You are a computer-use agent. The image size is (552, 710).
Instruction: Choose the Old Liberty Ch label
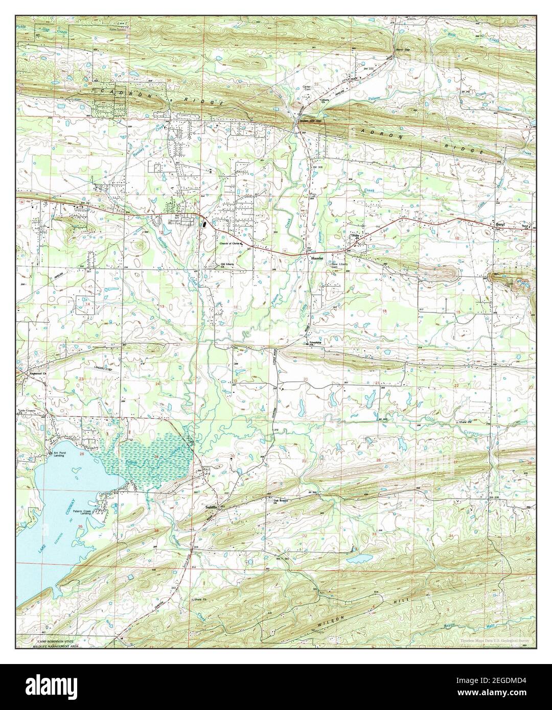click(x=230, y=265)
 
